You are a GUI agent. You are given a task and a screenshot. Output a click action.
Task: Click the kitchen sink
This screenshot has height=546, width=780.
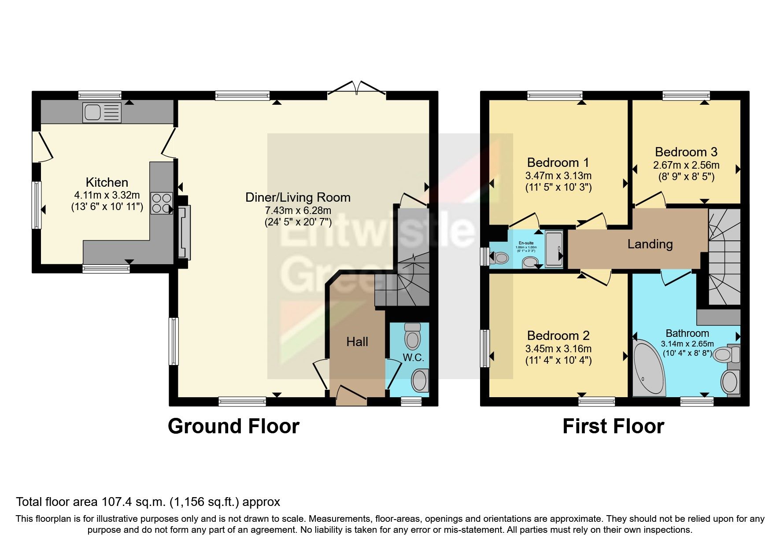[x=101, y=112]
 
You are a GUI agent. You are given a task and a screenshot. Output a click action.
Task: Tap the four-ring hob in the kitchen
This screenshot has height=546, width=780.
[x=161, y=203]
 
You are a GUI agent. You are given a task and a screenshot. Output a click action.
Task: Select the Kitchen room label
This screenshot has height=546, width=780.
[x=107, y=182]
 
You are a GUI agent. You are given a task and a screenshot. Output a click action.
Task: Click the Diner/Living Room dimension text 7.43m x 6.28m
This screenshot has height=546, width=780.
[x=297, y=210]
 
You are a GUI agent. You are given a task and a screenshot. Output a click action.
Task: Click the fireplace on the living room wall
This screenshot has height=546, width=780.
[x=184, y=232]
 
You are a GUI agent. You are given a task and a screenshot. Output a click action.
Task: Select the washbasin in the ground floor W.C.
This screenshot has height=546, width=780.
[x=420, y=380]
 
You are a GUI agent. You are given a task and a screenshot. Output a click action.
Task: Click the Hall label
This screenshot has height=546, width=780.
[x=357, y=342]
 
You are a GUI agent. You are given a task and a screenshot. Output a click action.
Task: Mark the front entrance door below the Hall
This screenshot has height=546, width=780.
[x=351, y=395]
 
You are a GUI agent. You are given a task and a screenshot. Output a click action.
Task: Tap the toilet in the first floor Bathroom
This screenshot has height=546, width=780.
[x=725, y=354]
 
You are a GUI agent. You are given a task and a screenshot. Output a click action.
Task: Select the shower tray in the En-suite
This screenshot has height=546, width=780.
[x=554, y=249]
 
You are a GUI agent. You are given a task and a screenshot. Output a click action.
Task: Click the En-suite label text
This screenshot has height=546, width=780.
[x=526, y=243]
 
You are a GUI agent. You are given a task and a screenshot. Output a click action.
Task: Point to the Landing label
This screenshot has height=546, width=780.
[x=650, y=244]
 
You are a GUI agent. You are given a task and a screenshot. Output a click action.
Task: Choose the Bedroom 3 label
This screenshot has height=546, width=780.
[x=686, y=152]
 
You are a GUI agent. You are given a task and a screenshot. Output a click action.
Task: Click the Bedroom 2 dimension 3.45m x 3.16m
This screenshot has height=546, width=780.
[x=558, y=349]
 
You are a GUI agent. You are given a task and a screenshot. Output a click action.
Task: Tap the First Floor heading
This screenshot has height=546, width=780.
[x=613, y=426]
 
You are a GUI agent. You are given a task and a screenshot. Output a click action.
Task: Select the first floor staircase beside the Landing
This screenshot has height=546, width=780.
[x=724, y=258]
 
